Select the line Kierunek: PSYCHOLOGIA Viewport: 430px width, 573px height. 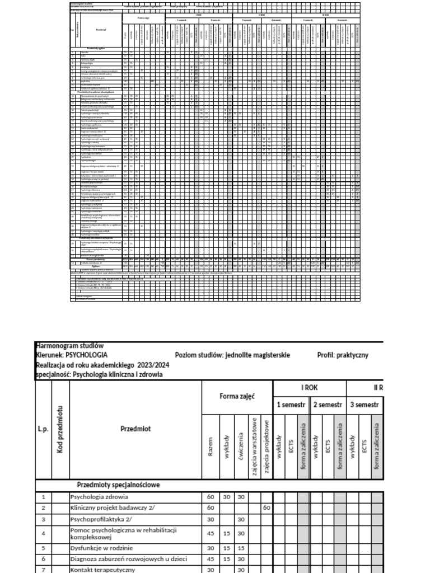point(72,355)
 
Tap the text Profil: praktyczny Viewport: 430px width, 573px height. point(343,355)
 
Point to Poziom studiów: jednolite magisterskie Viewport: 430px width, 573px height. point(232,355)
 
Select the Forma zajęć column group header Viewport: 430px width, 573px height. point(237,397)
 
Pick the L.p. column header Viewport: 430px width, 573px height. point(43,429)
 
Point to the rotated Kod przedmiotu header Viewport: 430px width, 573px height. point(59,429)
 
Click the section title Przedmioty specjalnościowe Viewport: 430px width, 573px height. point(118,485)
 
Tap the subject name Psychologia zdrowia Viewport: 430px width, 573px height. point(100,496)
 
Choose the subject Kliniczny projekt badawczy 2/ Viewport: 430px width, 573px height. point(108,508)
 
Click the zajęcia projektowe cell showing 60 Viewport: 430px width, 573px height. point(267,508)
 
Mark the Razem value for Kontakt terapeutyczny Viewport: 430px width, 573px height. point(209,569)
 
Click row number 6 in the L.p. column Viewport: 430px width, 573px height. point(43,558)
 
